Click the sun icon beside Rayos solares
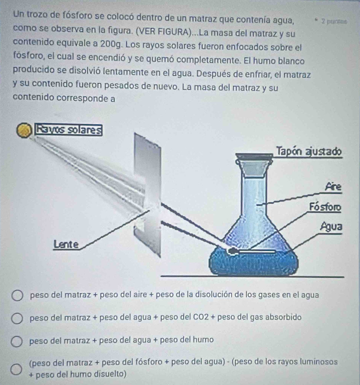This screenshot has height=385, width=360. tap(24, 131)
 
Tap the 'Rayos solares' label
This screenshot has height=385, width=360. tap(69, 130)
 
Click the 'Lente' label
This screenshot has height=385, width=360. tap(66, 244)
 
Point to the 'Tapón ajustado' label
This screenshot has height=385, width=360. tap(309, 151)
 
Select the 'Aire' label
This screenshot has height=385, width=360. tap(333, 187)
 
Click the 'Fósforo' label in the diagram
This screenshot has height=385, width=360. tap(325, 207)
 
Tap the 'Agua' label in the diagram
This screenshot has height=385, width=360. tap(331, 227)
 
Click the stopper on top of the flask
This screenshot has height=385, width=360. tap(254, 165)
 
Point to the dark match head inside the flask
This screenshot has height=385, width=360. tap(232, 251)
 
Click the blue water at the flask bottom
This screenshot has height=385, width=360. tap(253, 262)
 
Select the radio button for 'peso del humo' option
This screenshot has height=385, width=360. tap(17, 341)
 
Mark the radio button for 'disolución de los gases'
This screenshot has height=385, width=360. tap(17, 296)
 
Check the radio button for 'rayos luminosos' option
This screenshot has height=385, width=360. tap(16, 369)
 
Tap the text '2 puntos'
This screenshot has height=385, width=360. tap(334, 22)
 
